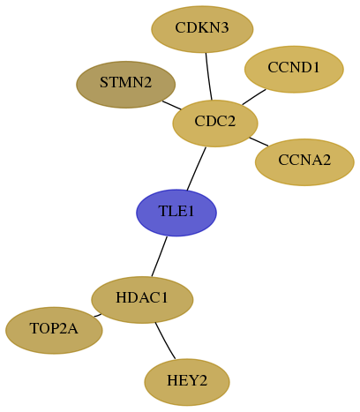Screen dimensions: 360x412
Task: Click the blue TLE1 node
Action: (176, 213)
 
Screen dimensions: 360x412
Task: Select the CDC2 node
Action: (215, 124)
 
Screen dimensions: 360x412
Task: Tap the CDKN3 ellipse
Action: (202, 29)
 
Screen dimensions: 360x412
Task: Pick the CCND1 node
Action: (294, 70)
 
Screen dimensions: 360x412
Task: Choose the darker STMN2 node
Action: (126, 85)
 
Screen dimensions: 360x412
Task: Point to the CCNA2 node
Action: (304, 162)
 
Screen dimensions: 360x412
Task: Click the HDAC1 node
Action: (142, 300)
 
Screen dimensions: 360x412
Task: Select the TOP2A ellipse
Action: (54, 331)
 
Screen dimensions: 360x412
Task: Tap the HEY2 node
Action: (187, 382)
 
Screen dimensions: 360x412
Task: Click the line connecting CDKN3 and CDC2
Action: (208, 77)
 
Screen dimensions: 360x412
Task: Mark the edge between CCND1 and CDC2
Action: (254, 97)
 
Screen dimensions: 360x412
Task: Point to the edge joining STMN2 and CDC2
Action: (172, 105)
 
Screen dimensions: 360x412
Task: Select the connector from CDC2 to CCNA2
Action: (259, 141)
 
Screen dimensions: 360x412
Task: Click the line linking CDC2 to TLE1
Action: (197, 169)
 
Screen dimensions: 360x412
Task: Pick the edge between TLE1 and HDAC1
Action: (160, 256)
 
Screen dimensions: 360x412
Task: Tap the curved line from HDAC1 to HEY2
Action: (164, 341)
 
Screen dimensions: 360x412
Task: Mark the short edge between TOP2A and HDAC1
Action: (98, 316)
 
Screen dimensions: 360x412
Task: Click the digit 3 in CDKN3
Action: (224, 28)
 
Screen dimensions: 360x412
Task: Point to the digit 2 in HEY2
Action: (203, 380)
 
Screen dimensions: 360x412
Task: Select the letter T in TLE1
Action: (163, 211)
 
